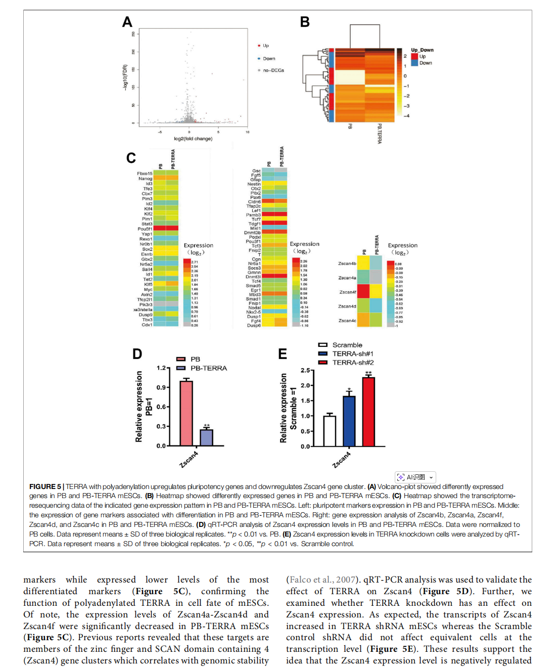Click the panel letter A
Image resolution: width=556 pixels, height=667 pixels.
[127, 22]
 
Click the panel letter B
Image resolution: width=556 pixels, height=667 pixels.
[305, 22]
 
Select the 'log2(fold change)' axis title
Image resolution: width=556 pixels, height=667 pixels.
[193, 139]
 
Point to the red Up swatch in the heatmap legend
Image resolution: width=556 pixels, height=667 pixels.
[414, 57]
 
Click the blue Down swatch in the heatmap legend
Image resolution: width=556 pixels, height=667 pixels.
[414, 63]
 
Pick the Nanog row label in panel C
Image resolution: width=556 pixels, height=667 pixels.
[145, 179]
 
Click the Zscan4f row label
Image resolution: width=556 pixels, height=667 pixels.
[348, 292]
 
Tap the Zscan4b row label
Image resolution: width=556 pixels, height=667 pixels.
[347, 263]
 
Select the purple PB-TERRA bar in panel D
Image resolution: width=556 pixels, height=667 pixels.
[206, 437]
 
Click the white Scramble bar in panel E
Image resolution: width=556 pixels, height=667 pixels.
[330, 431]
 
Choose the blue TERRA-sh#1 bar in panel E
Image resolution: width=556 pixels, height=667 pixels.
[349, 421]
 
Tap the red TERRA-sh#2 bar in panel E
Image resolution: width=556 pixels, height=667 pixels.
[368, 412]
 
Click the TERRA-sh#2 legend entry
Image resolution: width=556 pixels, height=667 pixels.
[353, 363]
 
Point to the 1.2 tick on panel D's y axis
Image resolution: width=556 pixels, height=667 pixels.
[161, 368]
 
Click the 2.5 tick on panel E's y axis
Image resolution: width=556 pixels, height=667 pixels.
[305, 371]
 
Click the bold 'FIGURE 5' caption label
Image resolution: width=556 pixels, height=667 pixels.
[45, 486]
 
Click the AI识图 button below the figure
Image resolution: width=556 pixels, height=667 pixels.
[415, 477]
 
